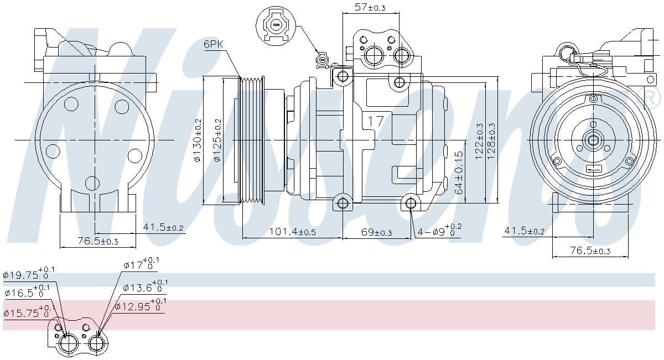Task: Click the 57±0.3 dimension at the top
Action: point(370,7)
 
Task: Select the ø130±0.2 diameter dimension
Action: point(198,141)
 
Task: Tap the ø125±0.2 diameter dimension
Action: point(217,141)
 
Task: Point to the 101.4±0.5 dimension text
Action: point(292,232)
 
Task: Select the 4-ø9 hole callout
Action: point(439,231)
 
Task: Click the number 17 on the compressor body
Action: point(376,121)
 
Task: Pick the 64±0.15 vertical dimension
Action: point(459,173)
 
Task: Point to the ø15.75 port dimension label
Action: point(28,312)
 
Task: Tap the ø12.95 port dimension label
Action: point(140,306)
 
